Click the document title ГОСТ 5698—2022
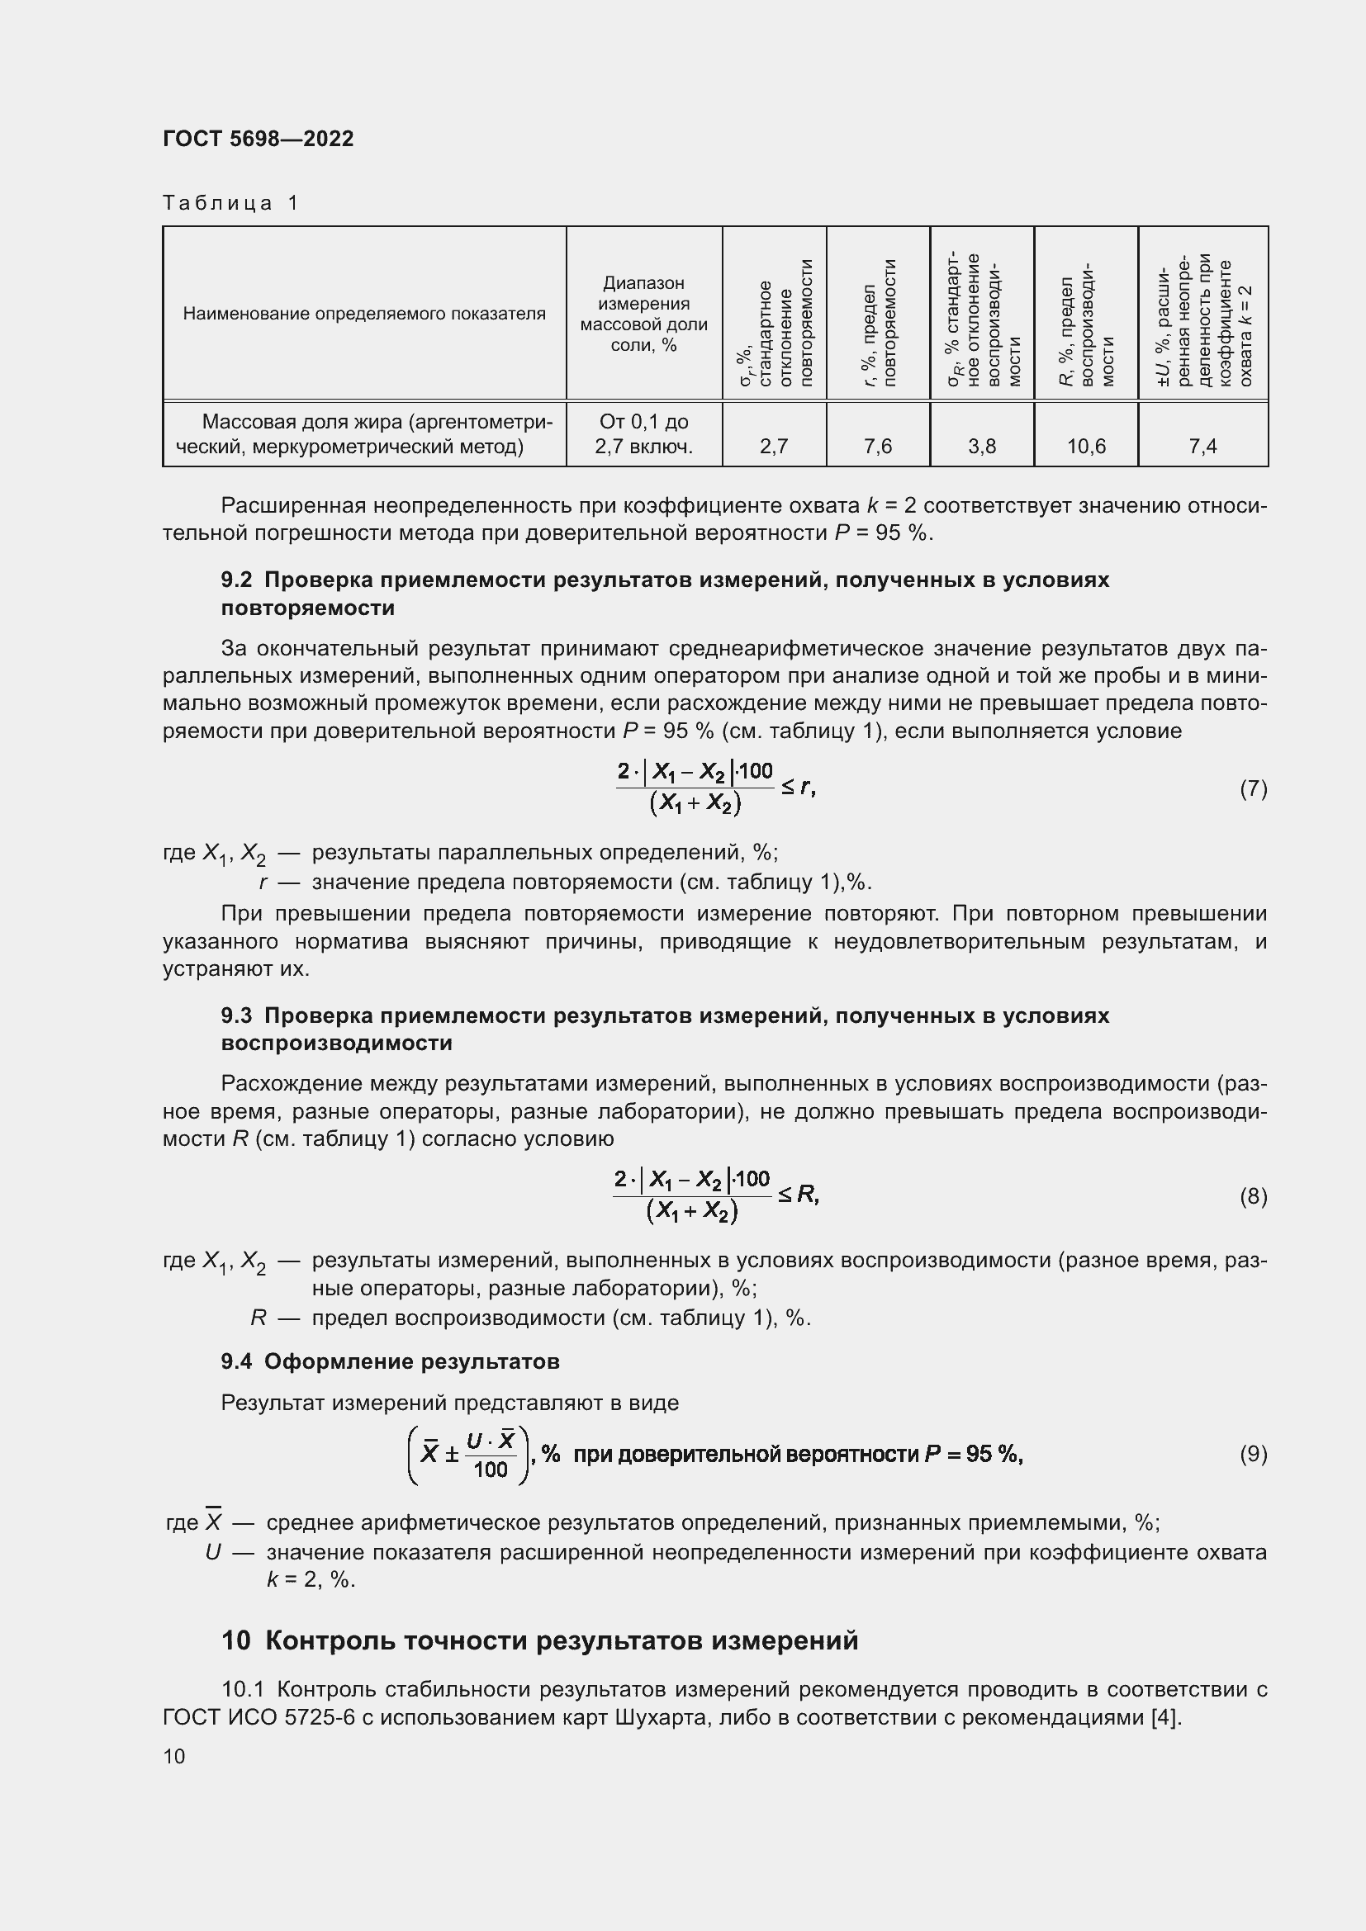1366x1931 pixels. [x=258, y=139]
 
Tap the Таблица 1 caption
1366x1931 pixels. [x=230, y=203]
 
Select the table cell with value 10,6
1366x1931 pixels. [x=1086, y=446]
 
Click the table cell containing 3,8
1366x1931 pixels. [x=982, y=446]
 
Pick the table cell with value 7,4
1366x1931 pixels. [x=1202, y=446]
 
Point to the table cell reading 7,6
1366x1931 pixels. [x=877, y=446]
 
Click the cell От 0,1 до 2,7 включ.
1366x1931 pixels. [x=643, y=433]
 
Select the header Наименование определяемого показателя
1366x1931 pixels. [x=364, y=314]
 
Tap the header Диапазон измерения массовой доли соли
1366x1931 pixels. [x=643, y=314]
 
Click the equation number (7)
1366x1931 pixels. [x=1254, y=788]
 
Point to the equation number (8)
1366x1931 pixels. [x=1254, y=1196]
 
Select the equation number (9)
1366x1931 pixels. [x=1254, y=1454]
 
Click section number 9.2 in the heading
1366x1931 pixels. [x=236, y=580]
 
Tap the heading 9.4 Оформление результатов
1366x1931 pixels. [x=391, y=1361]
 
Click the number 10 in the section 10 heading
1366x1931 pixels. [x=236, y=1640]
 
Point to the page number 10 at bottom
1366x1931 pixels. [x=174, y=1756]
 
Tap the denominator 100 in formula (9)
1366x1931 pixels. [x=491, y=1470]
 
